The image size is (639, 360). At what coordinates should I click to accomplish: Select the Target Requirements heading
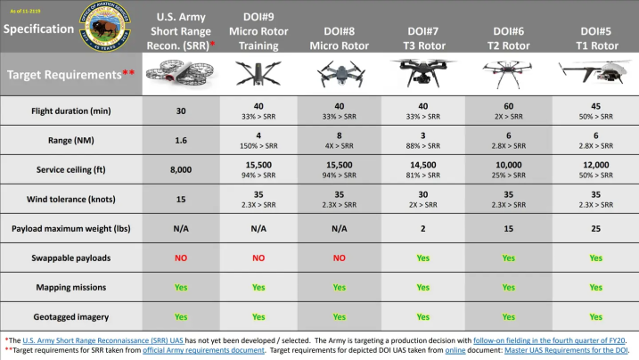(66, 75)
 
